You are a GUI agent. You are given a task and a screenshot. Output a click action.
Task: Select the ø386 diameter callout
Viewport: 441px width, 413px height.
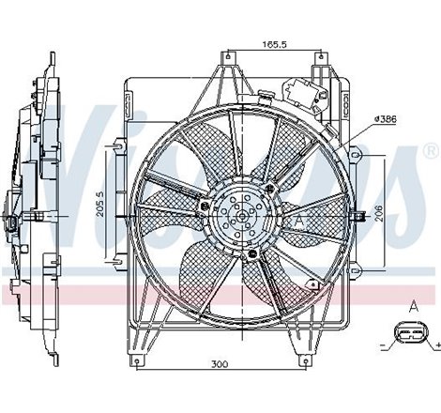point(386,117)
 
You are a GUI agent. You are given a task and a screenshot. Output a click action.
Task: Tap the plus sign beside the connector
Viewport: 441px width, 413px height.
point(436,348)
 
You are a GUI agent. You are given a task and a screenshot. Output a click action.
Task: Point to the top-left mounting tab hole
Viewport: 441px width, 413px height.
point(225,64)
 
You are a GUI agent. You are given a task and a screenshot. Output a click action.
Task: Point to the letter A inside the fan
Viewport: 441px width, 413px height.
point(299,217)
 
